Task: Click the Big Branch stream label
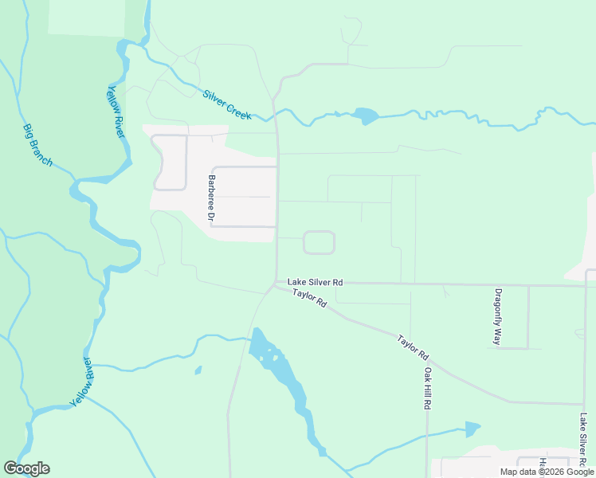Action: point(37,144)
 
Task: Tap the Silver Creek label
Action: point(227,104)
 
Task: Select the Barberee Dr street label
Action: point(212,198)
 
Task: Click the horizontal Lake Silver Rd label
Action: point(316,282)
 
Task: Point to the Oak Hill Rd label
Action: point(427,388)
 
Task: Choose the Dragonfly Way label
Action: point(498,316)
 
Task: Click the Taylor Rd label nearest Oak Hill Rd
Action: point(414,346)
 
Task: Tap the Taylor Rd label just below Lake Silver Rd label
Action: point(310,299)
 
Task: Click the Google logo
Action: point(26,468)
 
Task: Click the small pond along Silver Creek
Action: point(366,116)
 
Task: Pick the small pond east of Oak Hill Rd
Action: point(472,429)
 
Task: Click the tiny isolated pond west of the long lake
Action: point(198,370)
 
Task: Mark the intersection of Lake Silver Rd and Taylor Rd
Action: point(276,284)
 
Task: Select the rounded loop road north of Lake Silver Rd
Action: point(319,242)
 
